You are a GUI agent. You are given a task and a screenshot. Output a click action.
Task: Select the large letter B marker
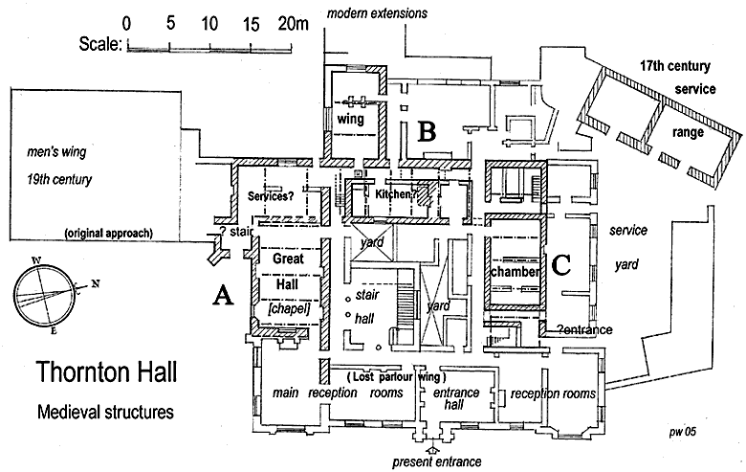tap(427, 131)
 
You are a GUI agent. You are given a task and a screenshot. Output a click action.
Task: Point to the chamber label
tap(515, 272)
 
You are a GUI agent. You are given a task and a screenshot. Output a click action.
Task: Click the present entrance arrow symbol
tap(431, 446)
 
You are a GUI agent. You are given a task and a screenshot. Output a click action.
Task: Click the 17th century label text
tap(674, 66)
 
